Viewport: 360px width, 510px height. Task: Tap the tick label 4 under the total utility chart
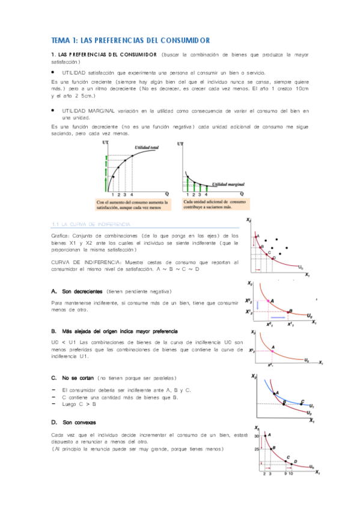coord(132,194)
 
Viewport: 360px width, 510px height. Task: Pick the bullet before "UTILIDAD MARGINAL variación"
coord(53,111)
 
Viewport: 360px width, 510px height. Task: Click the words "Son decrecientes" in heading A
coord(79,291)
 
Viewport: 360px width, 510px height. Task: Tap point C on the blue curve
coord(302,402)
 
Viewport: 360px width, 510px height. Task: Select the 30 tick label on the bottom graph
coord(255,434)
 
